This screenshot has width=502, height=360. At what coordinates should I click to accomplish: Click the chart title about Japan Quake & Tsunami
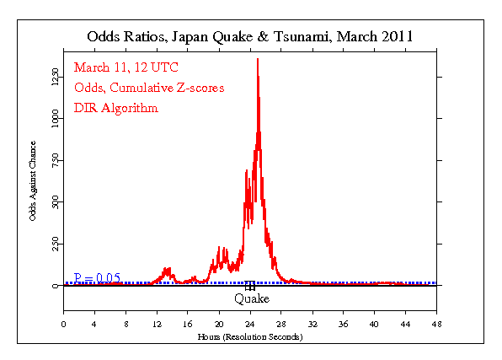point(250,37)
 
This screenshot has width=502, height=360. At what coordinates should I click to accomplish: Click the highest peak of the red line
point(258,60)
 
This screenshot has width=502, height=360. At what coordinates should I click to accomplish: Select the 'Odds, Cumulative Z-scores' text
point(148,89)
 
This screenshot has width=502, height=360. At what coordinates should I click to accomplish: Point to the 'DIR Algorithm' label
point(115,108)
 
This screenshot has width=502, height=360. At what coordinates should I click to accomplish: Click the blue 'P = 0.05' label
point(97,277)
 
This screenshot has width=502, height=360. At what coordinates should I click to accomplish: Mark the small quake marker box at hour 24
point(250,286)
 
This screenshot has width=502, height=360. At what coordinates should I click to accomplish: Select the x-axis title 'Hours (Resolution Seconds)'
point(250,336)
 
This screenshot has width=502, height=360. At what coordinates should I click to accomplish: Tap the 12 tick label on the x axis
point(157,323)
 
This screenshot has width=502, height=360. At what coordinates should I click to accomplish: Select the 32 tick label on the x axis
point(312,323)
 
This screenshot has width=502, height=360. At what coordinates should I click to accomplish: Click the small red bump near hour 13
point(167,271)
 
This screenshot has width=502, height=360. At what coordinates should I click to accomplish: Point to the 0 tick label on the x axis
point(64,323)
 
